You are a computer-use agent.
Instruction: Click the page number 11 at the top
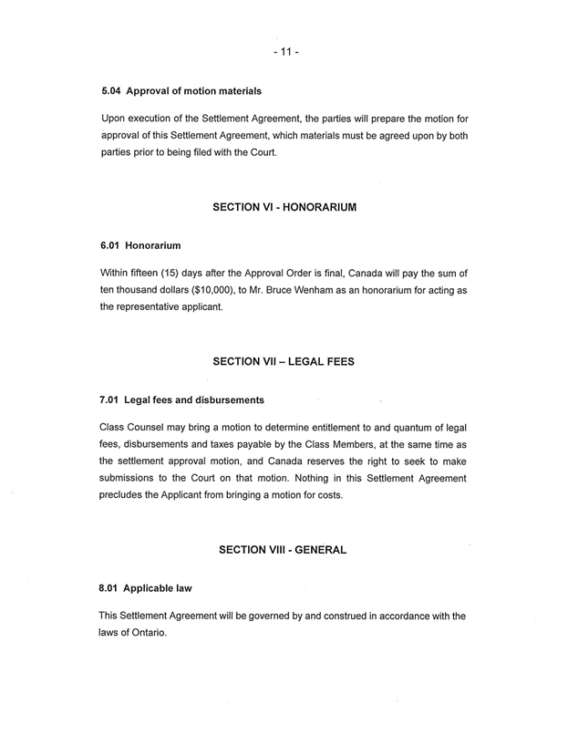click(x=284, y=52)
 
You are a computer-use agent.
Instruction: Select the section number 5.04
click(x=109, y=91)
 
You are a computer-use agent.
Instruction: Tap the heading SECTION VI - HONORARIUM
click(x=284, y=208)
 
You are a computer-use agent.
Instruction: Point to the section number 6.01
click(x=109, y=246)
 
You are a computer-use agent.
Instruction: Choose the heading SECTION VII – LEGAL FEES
click(x=284, y=362)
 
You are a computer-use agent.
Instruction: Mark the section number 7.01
click(x=109, y=399)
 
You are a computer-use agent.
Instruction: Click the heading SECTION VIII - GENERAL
click(x=284, y=550)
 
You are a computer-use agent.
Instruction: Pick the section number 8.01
click(x=109, y=588)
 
